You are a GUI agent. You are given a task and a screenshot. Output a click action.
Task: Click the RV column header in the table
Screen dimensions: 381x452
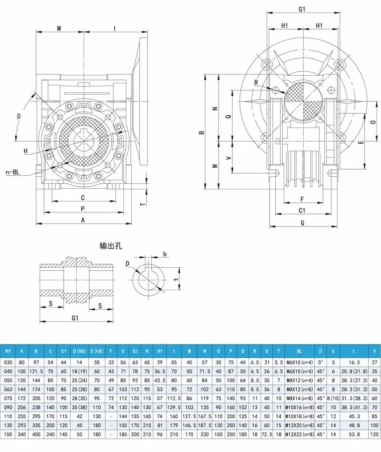click(x=8, y=351)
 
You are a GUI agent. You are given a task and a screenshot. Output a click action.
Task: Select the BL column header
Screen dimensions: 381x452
click(x=299, y=351)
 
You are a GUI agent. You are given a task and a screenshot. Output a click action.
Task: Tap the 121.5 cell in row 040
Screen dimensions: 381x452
click(x=36, y=371)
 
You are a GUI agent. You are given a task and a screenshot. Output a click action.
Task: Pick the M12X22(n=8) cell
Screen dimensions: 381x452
click(x=300, y=434)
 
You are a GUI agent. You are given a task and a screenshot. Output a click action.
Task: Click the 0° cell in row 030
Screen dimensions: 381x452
click(x=320, y=362)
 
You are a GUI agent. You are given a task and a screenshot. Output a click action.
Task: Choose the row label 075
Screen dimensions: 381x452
click(x=8, y=398)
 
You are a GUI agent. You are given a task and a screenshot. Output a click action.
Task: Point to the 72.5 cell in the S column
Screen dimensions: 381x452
click(x=267, y=434)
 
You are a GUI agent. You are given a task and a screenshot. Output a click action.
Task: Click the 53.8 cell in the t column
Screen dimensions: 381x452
click(x=354, y=434)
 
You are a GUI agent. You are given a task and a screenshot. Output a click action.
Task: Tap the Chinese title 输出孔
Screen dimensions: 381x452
click(x=111, y=246)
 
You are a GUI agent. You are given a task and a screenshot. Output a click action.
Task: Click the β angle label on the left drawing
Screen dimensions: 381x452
click(x=19, y=117)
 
